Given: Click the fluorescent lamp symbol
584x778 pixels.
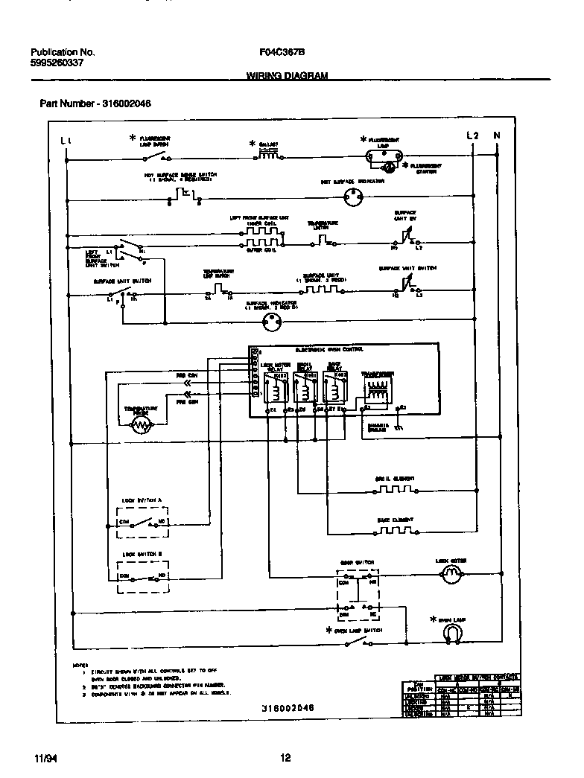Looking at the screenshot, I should (x=385, y=156).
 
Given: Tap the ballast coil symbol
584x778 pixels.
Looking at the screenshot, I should (x=269, y=155).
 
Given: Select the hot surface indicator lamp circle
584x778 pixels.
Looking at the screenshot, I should (x=352, y=198).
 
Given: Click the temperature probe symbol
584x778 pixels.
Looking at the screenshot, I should (x=141, y=426).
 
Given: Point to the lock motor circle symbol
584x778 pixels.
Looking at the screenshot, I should (x=449, y=573).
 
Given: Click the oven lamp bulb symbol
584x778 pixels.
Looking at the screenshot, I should (x=449, y=633).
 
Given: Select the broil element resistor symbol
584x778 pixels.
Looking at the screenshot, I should (x=395, y=490).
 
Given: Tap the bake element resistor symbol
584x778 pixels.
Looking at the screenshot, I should (x=395, y=530).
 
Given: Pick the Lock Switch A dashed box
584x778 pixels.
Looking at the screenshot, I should (x=143, y=519).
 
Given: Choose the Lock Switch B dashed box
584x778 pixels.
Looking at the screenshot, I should (x=143, y=573).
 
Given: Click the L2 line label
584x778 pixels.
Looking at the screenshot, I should (x=472, y=135).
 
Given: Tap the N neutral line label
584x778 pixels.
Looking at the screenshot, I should (x=497, y=135).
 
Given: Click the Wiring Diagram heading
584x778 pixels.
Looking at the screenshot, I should (x=287, y=75).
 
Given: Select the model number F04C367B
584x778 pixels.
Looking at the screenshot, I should (x=282, y=52).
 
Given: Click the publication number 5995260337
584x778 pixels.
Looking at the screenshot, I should (x=57, y=63).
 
